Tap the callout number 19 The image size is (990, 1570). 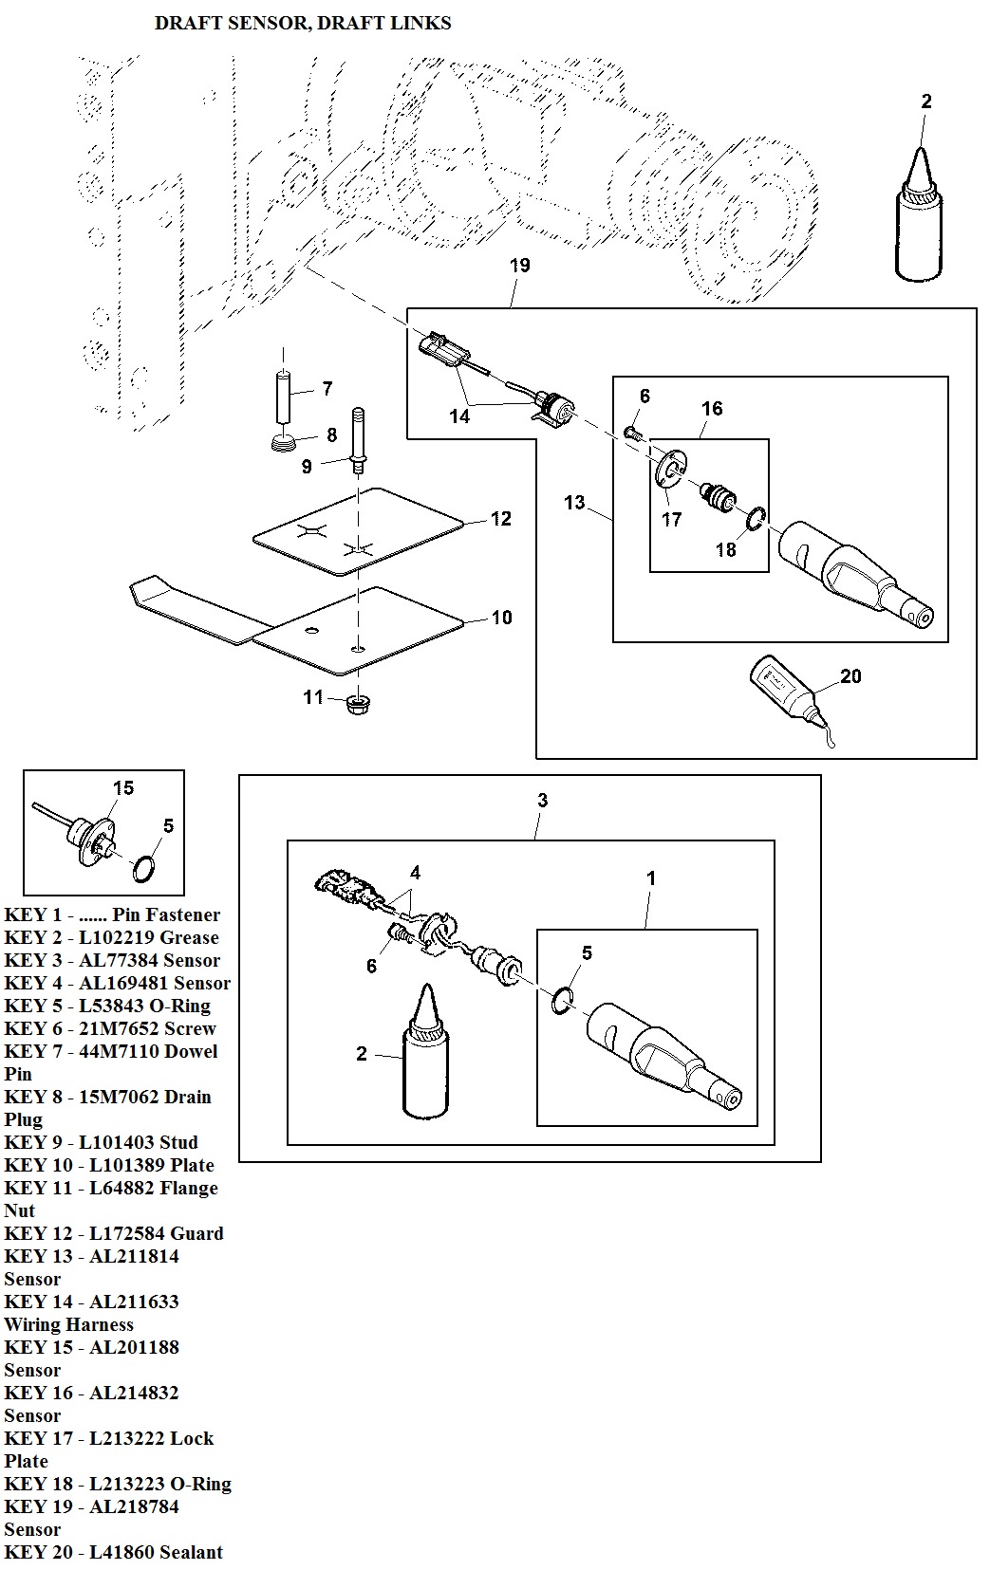point(519,266)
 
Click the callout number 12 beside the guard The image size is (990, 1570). point(501,519)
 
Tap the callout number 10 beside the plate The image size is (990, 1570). point(501,618)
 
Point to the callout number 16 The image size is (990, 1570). point(712,409)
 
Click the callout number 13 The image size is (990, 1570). point(574,502)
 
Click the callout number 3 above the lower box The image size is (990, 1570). point(542,801)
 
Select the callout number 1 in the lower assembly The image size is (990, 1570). point(651,878)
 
